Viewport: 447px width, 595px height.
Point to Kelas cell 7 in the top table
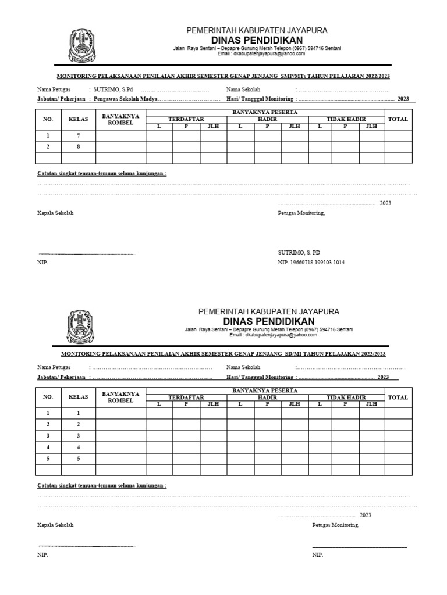click(x=78, y=135)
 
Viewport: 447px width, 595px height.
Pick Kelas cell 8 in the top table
click(x=78, y=147)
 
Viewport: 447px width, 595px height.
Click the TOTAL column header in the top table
click(x=399, y=119)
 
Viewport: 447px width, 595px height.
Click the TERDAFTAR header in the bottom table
click(x=186, y=397)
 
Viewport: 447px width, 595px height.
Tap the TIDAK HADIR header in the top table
click(x=346, y=119)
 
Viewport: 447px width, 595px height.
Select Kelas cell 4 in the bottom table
click(x=78, y=447)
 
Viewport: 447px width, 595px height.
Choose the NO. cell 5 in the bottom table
click(x=48, y=458)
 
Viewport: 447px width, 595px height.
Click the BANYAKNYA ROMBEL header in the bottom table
click(x=120, y=397)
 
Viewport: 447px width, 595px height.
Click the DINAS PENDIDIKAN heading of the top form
click(x=256, y=40)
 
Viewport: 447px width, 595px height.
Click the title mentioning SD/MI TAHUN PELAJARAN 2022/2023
click(x=223, y=354)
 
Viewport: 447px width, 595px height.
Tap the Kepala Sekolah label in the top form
click(x=55, y=213)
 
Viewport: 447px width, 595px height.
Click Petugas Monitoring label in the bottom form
click(x=336, y=525)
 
